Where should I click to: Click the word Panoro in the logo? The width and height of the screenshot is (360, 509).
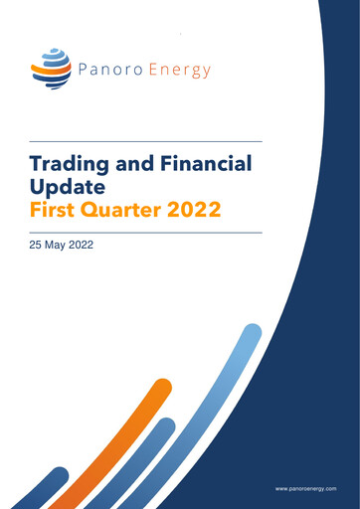[x=109, y=70]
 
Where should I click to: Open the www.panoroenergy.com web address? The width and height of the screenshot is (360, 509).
[x=306, y=489]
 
